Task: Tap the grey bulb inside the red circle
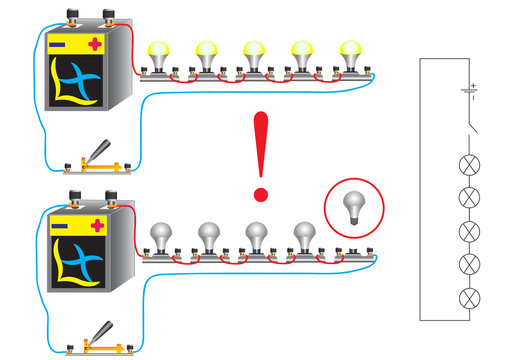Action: point(352,207)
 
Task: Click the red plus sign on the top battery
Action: point(95,44)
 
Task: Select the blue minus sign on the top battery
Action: point(59,45)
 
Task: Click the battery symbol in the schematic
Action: point(467,93)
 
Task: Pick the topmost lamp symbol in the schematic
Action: point(467,164)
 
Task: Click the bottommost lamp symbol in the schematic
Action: point(467,298)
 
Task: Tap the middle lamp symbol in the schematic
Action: point(467,231)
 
